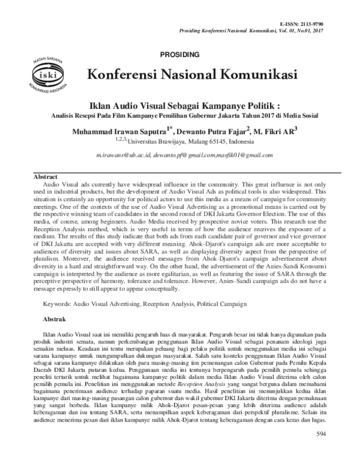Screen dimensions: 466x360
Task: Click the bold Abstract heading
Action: tap(45, 178)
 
